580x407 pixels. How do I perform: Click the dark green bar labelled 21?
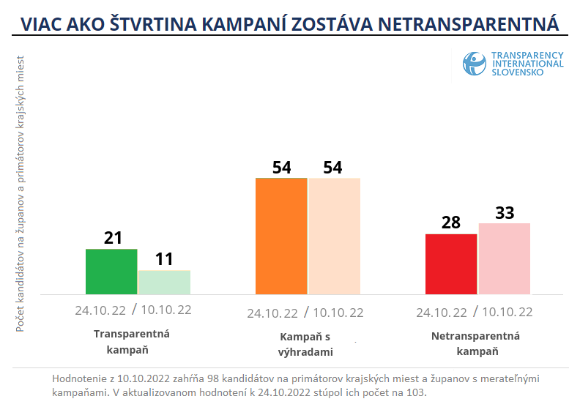point(111,272)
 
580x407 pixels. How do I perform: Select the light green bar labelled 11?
point(164,283)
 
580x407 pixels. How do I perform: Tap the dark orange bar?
point(281,236)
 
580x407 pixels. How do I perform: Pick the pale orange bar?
point(335,236)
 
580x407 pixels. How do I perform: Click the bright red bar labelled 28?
point(451,264)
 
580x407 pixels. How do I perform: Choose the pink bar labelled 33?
point(504,258)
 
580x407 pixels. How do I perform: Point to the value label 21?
point(113,238)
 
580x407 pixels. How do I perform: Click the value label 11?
point(165,259)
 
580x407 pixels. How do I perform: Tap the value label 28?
point(451,223)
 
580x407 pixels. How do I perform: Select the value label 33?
point(505,212)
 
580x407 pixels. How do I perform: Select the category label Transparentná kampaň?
point(132,342)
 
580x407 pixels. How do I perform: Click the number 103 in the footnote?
point(416,392)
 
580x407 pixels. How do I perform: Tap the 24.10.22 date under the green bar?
point(100,310)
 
